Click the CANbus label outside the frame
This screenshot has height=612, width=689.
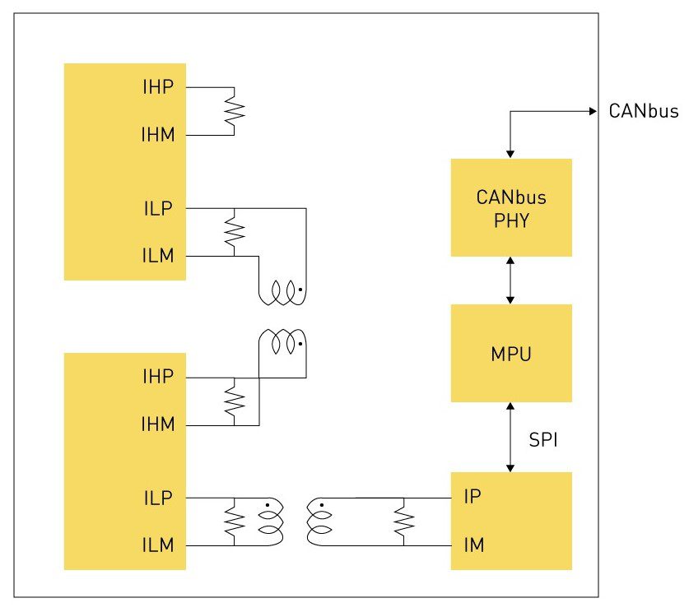tap(644, 111)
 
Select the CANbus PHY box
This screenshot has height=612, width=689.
tap(511, 207)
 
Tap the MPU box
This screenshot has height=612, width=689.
tap(511, 353)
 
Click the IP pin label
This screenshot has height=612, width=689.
tap(472, 497)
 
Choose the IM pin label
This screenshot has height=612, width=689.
tap(473, 544)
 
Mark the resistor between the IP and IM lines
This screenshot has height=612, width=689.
tap(403, 520)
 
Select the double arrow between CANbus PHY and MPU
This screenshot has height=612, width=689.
tap(511, 280)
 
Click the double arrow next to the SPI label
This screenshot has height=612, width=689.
tap(511, 437)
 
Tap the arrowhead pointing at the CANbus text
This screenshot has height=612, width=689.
tap(592, 111)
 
